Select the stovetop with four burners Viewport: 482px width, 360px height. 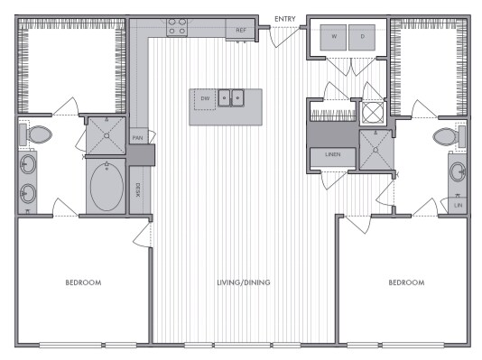pyautogui.click(x=177, y=29)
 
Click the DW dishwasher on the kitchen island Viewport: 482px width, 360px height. pyautogui.click(x=204, y=97)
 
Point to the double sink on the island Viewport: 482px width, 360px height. pyautogui.click(x=233, y=97)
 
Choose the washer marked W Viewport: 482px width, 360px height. pyautogui.click(x=334, y=37)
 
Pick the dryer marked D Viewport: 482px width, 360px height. pyautogui.click(x=362, y=37)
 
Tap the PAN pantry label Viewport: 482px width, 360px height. pyautogui.click(x=137, y=137)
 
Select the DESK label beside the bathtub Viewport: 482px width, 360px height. pyautogui.click(x=137, y=189)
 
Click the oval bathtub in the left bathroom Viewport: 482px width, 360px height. pyautogui.click(x=107, y=186)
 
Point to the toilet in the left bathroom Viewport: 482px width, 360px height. pyautogui.click(x=37, y=135)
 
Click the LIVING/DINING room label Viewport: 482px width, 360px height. pyautogui.click(x=244, y=282)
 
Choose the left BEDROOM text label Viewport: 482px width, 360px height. pyautogui.click(x=83, y=282)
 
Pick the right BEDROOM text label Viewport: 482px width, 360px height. pyautogui.click(x=405, y=282)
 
